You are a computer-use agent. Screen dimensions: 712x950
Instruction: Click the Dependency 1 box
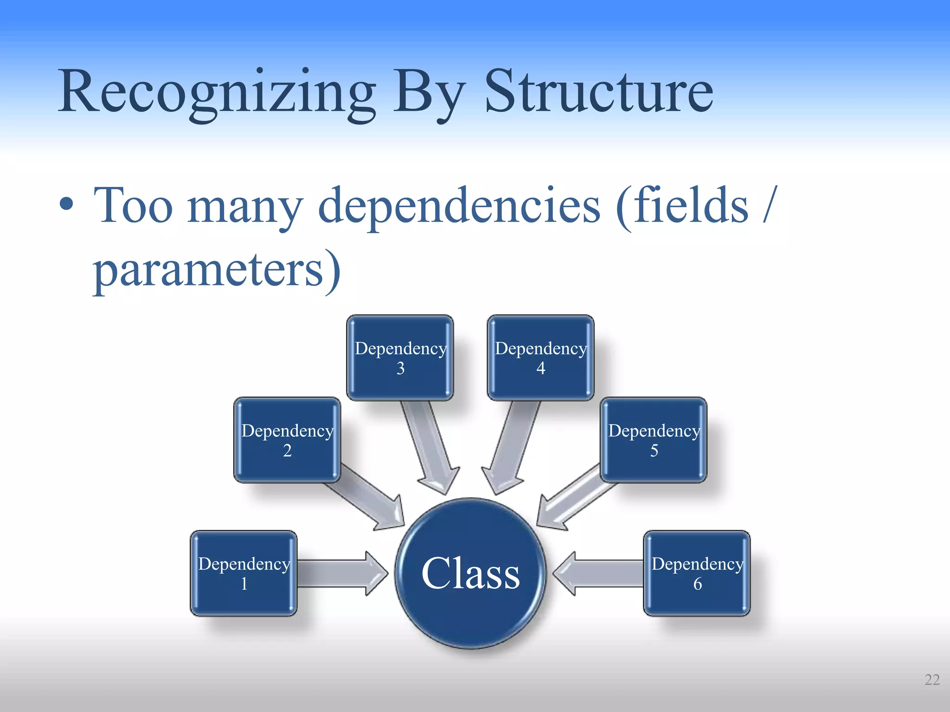[244, 573]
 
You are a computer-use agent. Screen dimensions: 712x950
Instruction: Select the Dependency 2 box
[287, 440]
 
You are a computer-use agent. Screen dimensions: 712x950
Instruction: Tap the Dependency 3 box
[400, 357]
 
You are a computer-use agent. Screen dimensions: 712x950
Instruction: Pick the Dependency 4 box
[540, 357]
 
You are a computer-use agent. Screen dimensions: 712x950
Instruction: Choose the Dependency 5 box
[654, 440]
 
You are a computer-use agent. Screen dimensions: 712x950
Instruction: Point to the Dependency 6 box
[697, 573]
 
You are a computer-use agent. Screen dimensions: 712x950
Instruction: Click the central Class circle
[470, 573]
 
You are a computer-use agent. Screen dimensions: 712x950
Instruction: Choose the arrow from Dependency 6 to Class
[598, 573]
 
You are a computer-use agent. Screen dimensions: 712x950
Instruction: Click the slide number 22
[932, 680]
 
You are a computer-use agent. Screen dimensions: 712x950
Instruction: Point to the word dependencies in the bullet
[459, 206]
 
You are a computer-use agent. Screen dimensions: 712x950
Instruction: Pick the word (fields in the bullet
[682, 206]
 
